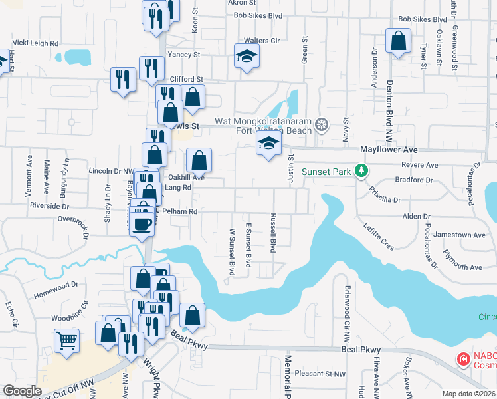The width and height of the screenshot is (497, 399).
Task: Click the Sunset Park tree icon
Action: [361, 172]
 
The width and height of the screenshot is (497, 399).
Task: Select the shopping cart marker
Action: [68, 341]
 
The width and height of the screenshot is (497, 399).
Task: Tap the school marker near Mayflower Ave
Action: [268, 144]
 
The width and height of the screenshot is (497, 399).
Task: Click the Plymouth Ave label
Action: [462, 267]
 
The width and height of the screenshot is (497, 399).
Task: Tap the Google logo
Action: [23, 391]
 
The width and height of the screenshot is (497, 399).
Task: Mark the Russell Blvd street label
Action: [272, 233]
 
